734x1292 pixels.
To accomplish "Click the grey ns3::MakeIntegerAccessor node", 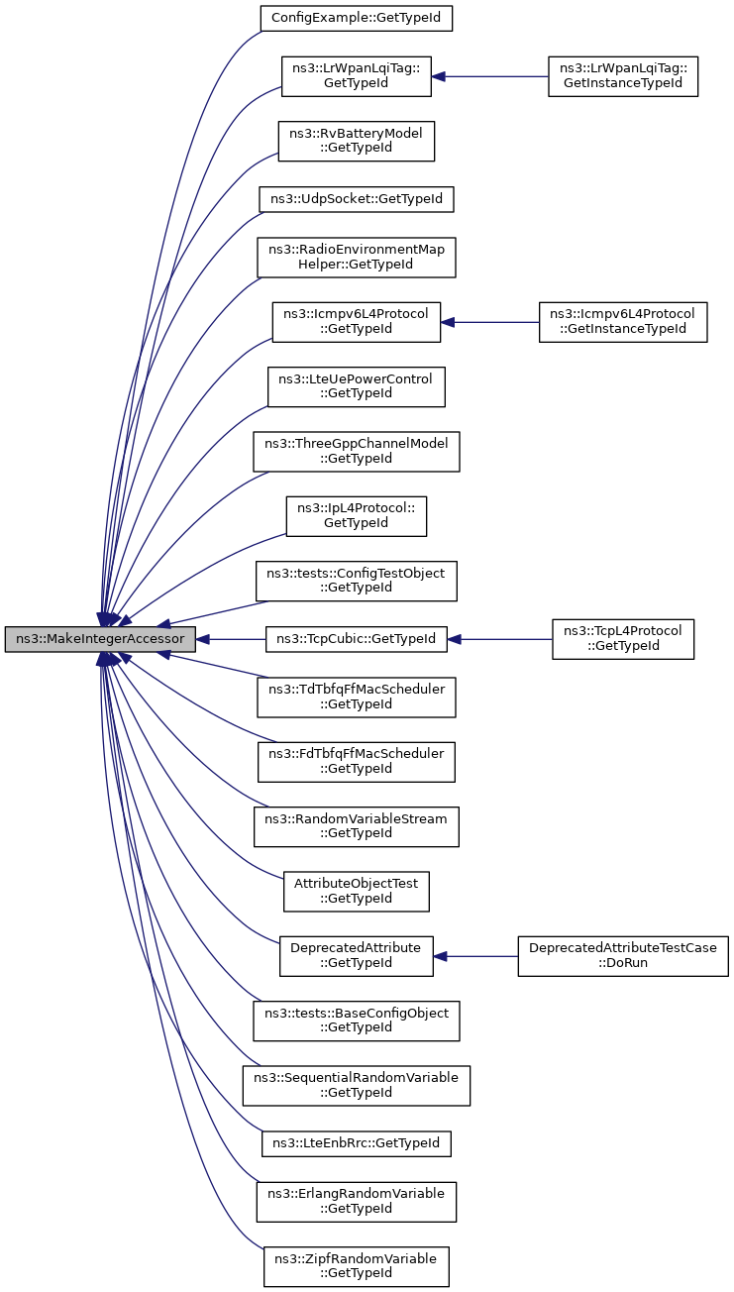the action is pos(100,639).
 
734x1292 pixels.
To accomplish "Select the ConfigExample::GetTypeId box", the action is pos(357,19).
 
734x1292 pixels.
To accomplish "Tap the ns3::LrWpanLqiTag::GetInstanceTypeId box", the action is pos(623,76).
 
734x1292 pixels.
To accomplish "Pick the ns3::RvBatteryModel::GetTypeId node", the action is pos(357,142).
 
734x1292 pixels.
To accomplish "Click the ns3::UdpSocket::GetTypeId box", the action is pos(357,199).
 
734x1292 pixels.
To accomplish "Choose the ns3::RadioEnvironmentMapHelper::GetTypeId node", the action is pos(357,258).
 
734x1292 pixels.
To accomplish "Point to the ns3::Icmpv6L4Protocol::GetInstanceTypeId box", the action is pos(623,322).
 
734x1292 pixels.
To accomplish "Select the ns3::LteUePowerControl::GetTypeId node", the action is pos(357,386).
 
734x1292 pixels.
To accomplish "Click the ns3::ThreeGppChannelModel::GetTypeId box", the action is pos(357,452).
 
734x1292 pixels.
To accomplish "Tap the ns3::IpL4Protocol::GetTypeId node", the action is pos(357,516).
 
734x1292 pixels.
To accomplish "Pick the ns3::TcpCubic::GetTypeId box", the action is pos(357,639).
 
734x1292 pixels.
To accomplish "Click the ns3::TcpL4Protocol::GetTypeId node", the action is pos(623,639).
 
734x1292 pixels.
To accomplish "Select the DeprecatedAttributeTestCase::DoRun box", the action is pos(623,956).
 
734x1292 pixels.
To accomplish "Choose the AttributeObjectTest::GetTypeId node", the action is pos(357,892).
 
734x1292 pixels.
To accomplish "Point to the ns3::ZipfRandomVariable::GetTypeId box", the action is pos(357,1266).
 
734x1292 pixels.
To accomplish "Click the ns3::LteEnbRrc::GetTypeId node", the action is pos(357,1143).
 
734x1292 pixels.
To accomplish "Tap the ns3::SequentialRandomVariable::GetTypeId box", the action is pos(357,1086).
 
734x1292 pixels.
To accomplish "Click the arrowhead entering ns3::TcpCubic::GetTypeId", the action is pos(454,639).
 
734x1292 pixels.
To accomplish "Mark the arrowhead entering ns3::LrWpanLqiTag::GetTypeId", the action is pos(438,76).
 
